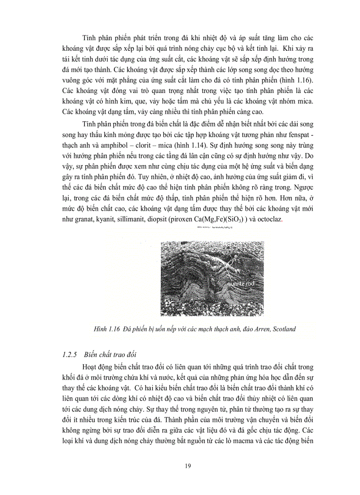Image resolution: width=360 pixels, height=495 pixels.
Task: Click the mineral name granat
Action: pyautogui.click(x=86, y=219)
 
